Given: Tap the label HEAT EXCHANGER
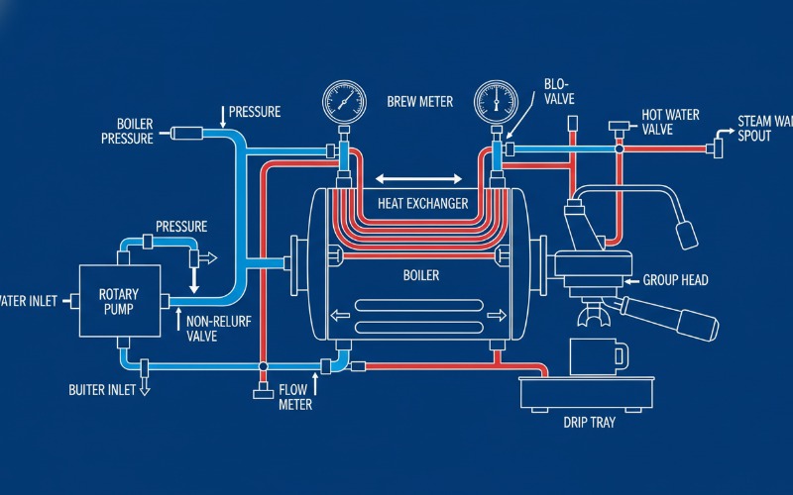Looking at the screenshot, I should pos(422,203).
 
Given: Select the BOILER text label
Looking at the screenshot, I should pos(420,275).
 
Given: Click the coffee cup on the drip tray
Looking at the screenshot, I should pos(598,355).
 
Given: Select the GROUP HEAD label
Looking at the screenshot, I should pos(676,280).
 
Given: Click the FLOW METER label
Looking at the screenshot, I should pos(294,397).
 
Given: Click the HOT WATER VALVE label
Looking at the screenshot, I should pos(671,123).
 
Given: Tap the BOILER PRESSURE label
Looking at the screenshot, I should pos(127,132).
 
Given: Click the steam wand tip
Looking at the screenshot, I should pos(685,234).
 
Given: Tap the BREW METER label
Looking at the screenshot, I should pos(420,102).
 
